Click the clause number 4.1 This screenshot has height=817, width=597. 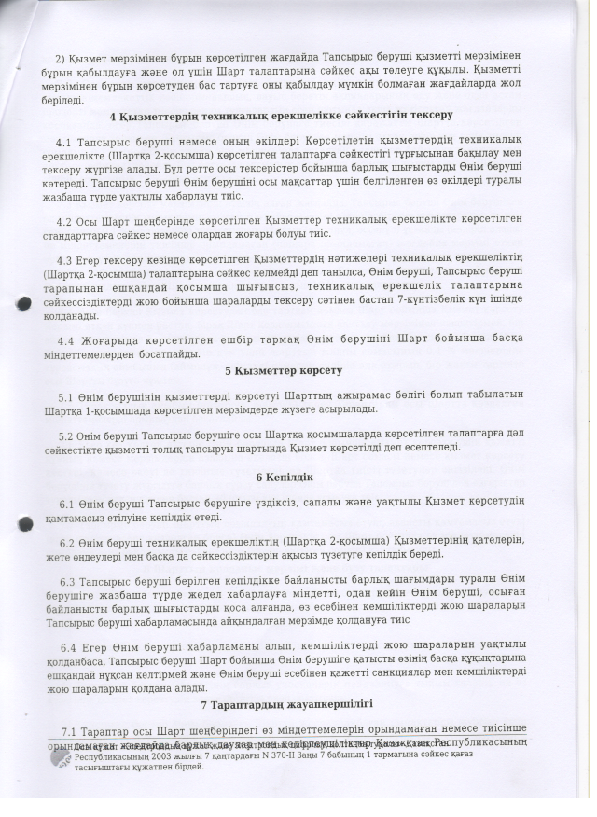(x=64, y=142)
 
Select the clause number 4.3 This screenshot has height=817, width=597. (x=65, y=258)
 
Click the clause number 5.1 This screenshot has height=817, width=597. (x=65, y=396)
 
